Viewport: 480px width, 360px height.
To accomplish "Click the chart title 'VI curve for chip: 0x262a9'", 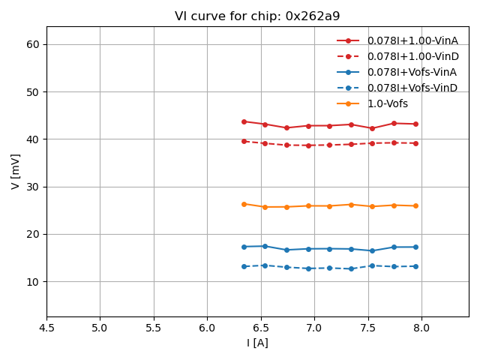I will [x=257, y=16].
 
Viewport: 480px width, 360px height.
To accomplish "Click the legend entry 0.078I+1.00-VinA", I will [x=412, y=40].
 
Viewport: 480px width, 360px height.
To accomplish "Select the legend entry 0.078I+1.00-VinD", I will [x=412, y=56].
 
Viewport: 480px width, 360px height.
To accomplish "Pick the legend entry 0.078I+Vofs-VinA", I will [x=412, y=72].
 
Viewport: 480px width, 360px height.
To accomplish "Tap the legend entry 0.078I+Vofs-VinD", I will [x=412, y=88].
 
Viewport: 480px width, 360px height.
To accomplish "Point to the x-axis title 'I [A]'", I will [x=257, y=343].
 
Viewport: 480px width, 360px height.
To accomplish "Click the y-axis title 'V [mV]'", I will [x=16, y=171].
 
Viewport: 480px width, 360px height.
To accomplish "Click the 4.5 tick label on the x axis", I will [x=46, y=328].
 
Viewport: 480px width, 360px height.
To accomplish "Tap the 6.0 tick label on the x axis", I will [x=207, y=328].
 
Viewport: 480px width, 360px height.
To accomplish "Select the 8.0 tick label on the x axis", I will [x=421, y=328].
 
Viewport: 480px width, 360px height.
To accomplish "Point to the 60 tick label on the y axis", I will [x=33, y=45].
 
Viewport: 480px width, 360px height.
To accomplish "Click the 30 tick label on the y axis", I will [x=33, y=187].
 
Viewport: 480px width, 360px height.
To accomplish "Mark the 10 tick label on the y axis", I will [x=33, y=282].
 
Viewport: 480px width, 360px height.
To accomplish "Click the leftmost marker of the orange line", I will [x=244, y=204].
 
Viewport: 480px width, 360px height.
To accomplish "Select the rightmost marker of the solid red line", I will [x=415, y=124].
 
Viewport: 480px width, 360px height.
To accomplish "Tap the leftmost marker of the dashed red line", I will [x=244, y=141].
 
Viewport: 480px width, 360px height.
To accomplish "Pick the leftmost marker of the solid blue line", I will [x=244, y=247].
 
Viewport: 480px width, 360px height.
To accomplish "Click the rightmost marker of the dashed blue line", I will [x=415, y=266].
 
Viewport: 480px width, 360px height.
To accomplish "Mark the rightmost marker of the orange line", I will [x=415, y=205].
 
